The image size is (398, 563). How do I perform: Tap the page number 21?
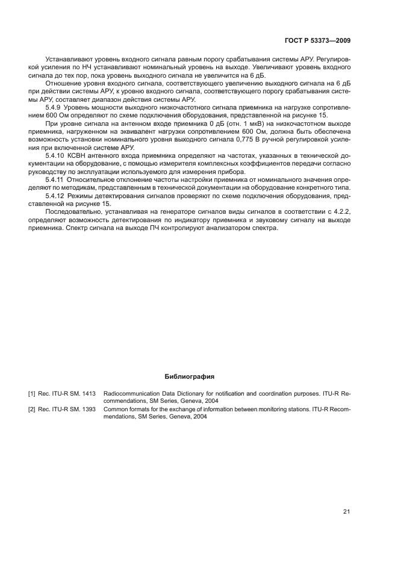(x=346, y=512)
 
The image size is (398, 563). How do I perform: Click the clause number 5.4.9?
(x=55, y=107)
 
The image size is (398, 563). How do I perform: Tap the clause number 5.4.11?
(x=57, y=179)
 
